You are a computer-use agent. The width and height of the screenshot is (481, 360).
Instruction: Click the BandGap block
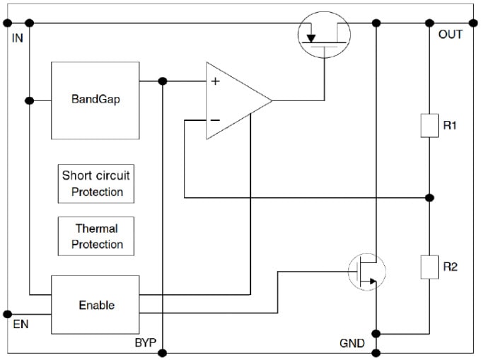[x=95, y=100]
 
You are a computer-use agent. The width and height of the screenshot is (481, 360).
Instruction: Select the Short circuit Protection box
[x=95, y=183]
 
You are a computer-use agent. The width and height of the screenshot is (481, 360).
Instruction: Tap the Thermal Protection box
[x=95, y=236]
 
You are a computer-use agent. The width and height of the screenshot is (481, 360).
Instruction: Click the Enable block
[x=95, y=305]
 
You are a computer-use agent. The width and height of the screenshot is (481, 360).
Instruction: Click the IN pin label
[x=18, y=37]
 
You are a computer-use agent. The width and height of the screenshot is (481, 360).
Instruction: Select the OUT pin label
[x=450, y=35]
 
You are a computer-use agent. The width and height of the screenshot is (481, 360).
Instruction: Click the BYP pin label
[x=145, y=344]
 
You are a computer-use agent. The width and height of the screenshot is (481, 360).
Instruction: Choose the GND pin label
[x=352, y=344]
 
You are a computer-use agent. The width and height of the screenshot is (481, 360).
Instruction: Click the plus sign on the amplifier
[x=215, y=81]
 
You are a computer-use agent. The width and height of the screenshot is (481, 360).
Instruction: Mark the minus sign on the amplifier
[x=215, y=120]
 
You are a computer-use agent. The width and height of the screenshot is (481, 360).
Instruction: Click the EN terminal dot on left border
[x=8, y=313]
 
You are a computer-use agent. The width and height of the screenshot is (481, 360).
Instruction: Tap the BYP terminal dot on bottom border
[x=163, y=352]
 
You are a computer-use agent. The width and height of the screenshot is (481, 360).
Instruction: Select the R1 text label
[x=451, y=126]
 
